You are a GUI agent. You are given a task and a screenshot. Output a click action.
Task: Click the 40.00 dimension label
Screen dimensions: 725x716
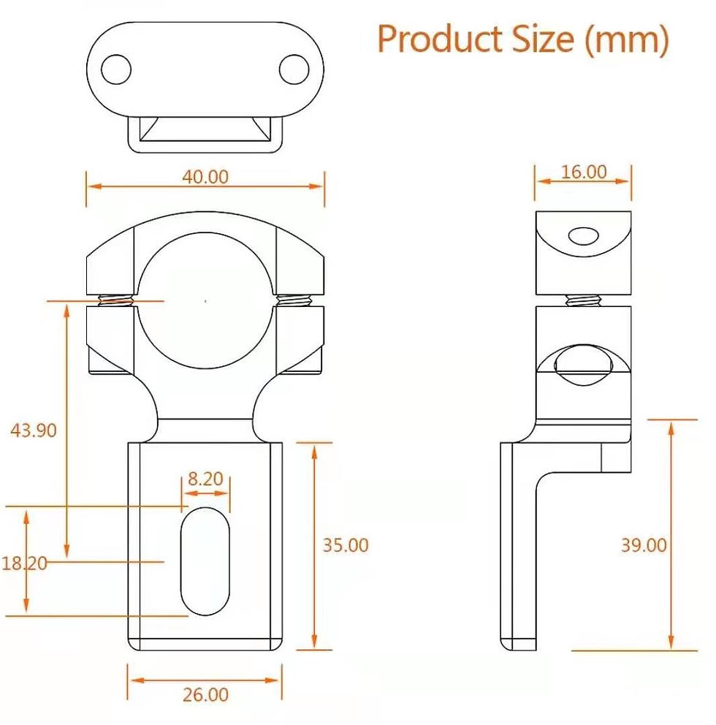[205, 177]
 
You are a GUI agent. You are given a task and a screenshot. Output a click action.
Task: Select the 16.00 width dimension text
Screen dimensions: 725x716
[584, 172]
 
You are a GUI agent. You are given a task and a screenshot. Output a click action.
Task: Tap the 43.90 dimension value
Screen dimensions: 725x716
[34, 430]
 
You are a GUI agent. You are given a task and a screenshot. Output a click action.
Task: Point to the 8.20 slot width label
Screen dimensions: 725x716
[205, 479]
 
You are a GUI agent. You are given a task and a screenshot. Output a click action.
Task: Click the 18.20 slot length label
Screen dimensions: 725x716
[24, 563]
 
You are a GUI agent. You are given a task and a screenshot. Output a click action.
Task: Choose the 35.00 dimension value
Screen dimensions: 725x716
[346, 545]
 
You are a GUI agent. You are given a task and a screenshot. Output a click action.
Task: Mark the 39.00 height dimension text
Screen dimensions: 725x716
[644, 545]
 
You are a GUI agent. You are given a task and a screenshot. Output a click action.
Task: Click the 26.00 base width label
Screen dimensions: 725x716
[205, 694]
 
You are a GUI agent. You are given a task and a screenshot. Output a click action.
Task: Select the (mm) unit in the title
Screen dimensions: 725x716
[627, 40]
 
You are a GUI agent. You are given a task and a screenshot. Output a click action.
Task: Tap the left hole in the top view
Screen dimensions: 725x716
[115, 70]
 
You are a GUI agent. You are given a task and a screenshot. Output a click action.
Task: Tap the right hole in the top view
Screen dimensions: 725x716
[294, 70]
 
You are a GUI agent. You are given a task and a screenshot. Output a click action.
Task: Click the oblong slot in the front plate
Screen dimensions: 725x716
[205, 561]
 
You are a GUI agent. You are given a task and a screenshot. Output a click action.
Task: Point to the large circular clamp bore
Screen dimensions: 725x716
[205, 300]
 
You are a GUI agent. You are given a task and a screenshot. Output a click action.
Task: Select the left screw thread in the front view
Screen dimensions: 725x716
[116, 300]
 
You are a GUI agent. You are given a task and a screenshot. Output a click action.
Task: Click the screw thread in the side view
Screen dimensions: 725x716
[583, 300]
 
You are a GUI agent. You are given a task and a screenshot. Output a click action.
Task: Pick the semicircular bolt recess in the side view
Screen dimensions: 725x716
[583, 365]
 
